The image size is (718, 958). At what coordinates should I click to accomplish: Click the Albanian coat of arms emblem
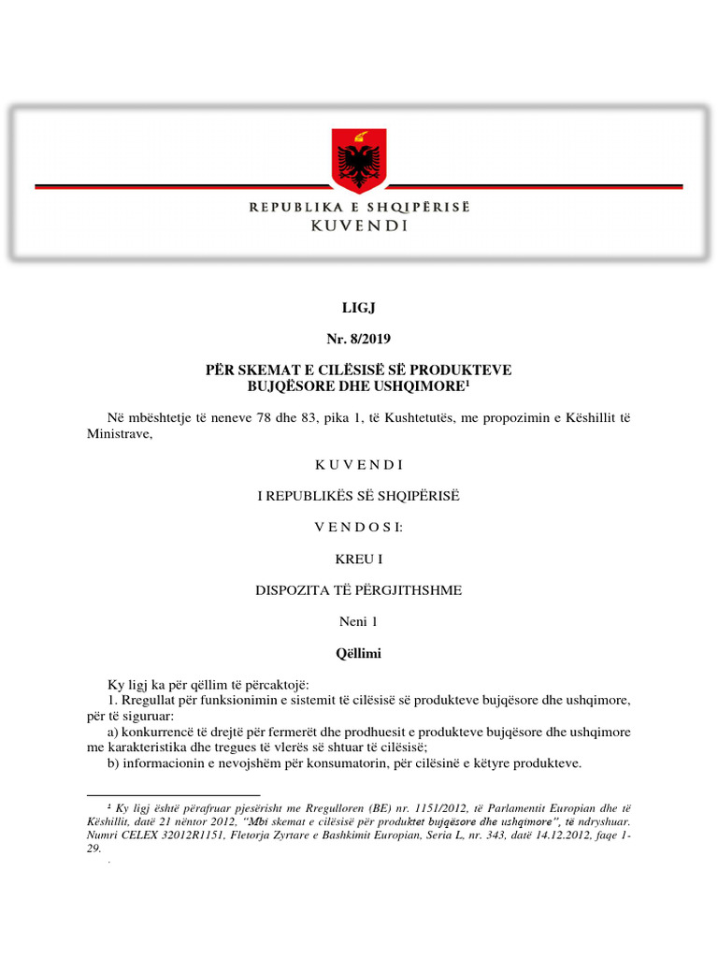[359, 159]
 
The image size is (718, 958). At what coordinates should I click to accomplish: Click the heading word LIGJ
[359, 307]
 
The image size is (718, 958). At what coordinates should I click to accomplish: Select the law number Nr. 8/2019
[359, 338]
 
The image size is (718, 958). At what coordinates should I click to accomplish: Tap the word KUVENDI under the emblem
[359, 226]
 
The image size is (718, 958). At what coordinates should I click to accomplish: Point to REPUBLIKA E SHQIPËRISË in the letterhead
[359, 207]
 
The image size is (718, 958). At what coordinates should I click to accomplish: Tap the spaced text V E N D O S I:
[359, 528]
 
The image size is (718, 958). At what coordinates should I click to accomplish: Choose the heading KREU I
[359, 559]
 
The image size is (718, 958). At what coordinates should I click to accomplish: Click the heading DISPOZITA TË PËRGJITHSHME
[359, 590]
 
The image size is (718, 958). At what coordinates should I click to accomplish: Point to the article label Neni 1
[359, 621]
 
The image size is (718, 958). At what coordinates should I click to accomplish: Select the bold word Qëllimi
[359, 653]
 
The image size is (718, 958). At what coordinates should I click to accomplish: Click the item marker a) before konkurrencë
[116, 731]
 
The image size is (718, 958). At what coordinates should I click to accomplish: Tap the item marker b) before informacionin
[116, 762]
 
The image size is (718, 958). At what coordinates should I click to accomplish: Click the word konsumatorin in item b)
[347, 762]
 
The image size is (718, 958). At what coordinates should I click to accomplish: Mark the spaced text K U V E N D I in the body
[359, 465]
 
